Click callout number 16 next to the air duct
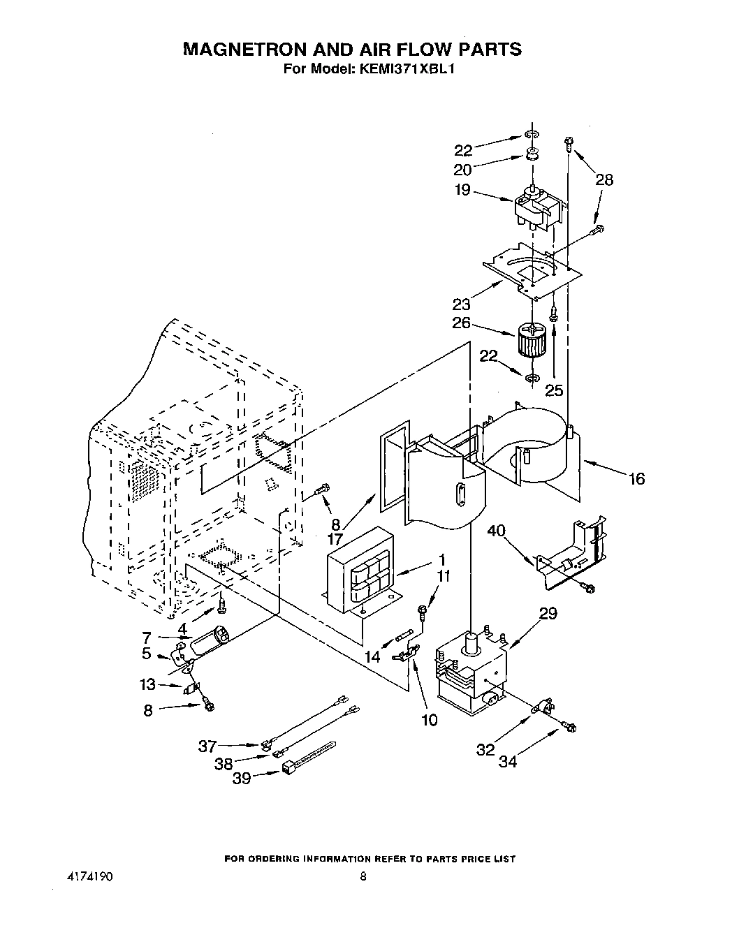tap(636, 479)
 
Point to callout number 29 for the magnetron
tap(548, 614)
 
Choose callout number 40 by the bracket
tap(515, 532)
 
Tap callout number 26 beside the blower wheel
tap(461, 324)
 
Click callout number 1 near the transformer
tap(441, 560)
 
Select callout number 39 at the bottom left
tap(242, 778)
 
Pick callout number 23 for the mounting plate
tap(461, 304)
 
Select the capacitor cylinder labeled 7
tap(211, 640)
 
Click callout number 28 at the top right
tap(604, 180)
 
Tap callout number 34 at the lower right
tap(508, 762)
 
